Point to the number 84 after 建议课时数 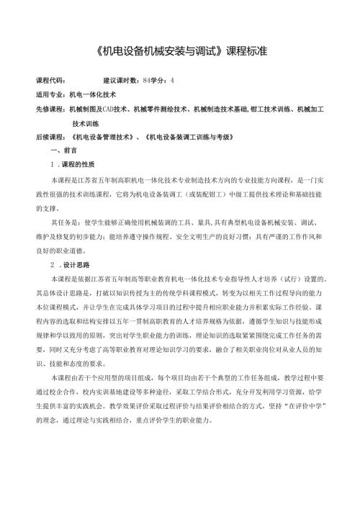pyautogui.click(x=146, y=80)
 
